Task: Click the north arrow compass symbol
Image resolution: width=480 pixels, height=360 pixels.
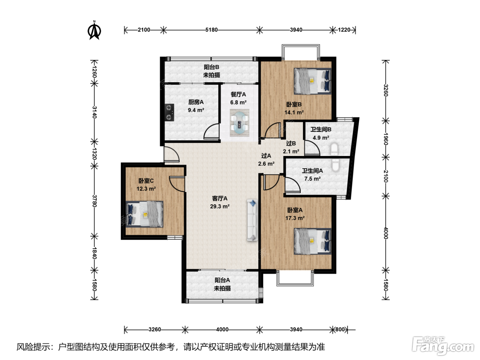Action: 94,30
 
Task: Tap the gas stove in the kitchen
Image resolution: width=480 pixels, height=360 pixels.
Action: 169,112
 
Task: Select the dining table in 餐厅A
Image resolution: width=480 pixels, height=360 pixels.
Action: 239,123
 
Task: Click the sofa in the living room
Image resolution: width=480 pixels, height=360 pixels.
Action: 252,220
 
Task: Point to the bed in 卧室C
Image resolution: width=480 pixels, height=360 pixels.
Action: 144,214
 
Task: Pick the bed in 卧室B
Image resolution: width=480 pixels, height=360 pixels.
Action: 312,81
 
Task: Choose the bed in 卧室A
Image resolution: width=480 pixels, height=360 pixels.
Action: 312,241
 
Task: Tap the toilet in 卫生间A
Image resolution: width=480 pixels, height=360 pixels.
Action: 335,165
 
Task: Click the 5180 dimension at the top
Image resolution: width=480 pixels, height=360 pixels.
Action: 212,30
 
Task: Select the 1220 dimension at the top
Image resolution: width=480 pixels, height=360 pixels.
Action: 344,30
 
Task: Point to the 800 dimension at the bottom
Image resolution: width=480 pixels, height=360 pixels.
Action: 340,329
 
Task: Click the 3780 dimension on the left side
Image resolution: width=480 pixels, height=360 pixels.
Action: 94,201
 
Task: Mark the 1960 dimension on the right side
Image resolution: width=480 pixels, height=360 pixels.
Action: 385,139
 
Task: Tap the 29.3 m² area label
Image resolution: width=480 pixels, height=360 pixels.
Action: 220,206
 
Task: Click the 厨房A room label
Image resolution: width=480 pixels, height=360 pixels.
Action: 196,102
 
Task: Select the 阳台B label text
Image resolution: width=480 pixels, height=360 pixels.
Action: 212,67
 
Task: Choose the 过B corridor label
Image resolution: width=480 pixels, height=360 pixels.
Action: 291,143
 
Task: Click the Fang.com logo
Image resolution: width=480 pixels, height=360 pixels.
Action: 443,346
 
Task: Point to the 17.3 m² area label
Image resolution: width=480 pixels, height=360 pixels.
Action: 295,218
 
